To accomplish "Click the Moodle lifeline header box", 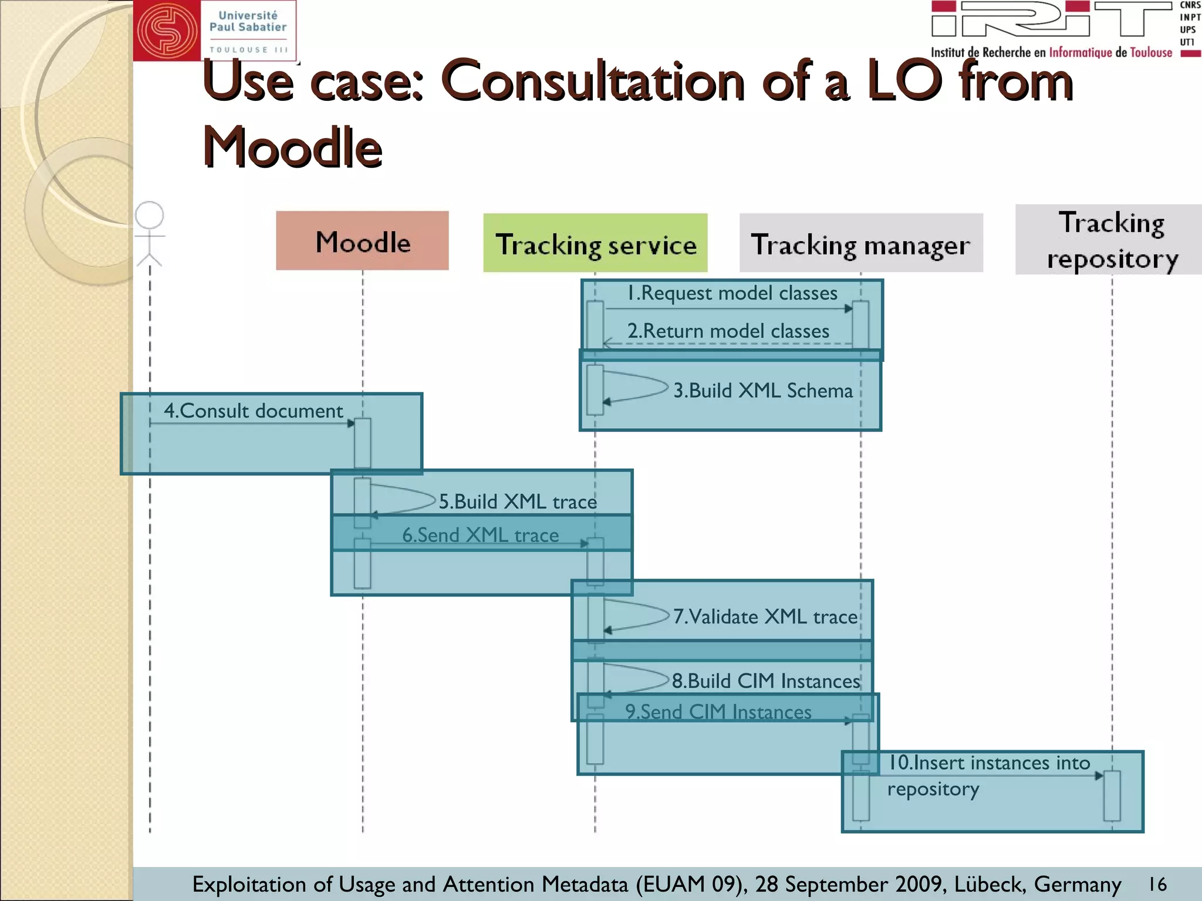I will (x=362, y=241).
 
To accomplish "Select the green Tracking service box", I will (x=595, y=243).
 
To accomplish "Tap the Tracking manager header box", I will (x=860, y=243).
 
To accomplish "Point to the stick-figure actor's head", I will (x=149, y=215).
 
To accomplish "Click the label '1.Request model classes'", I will (x=732, y=293).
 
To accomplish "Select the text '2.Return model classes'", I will (x=728, y=331).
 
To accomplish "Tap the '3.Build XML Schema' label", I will (x=762, y=391).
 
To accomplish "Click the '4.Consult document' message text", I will (x=253, y=411).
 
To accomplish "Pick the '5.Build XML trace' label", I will (x=518, y=502).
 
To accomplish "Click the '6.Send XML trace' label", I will (x=480, y=535).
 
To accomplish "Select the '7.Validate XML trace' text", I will (x=765, y=617).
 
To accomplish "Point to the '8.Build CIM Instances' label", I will (x=766, y=681).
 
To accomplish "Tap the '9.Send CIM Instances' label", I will (x=718, y=712).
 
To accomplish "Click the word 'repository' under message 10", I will (x=933, y=789).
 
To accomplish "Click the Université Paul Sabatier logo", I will (x=215, y=31).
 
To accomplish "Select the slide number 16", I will (x=1157, y=884).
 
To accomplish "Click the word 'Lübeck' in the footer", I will (x=990, y=884).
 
